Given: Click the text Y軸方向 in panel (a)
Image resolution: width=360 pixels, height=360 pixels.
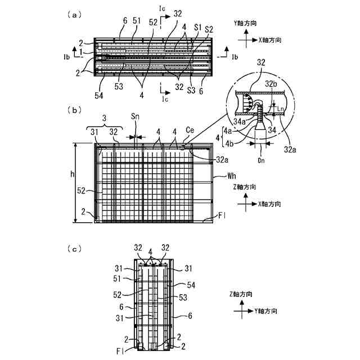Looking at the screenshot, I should [246, 24].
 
